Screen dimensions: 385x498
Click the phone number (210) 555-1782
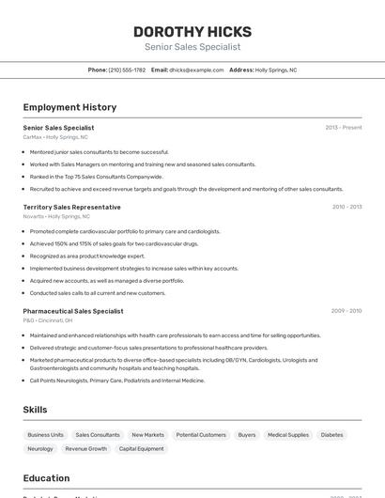pyautogui.click(x=127, y=70)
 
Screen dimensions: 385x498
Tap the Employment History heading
pyautogui.click(x=69, y=107)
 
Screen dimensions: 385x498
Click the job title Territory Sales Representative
pyautogui.click(x=71, y=207)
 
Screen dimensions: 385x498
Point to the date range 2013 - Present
pyautogui.click(x=344, y=128)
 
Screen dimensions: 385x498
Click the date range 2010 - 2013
pyautogui.click(x=346, y=207)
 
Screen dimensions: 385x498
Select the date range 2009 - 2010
pyautogui.click(x=346, y=311)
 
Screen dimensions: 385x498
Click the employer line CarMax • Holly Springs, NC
pyautogui.click(x=56, y=137)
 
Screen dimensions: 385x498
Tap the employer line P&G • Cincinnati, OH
pyautogui.click(x=48, y=320)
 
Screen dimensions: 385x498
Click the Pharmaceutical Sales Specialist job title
pyautogui.click(x=73, y=311)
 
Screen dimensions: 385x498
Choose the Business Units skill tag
pyautogui.click(x=45, y=435)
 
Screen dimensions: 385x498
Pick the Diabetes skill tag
pyautogui.click(x=331, y=435)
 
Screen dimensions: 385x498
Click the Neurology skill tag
pyautogui.click(x=40, y=449)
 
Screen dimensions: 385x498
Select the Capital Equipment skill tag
pyautogui.click(x=141, y=449)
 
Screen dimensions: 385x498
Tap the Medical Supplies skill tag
pyautogui.click(x=287, y=435)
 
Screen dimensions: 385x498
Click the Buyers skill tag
pyautogui.click(x=247, y=435)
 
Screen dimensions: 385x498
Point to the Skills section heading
pyautogui.click(x=35, y=410)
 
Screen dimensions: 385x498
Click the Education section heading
pyautogui.click(x=46, y=478)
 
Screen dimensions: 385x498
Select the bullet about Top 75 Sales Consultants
pyautogui.click(x=96, y=176)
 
